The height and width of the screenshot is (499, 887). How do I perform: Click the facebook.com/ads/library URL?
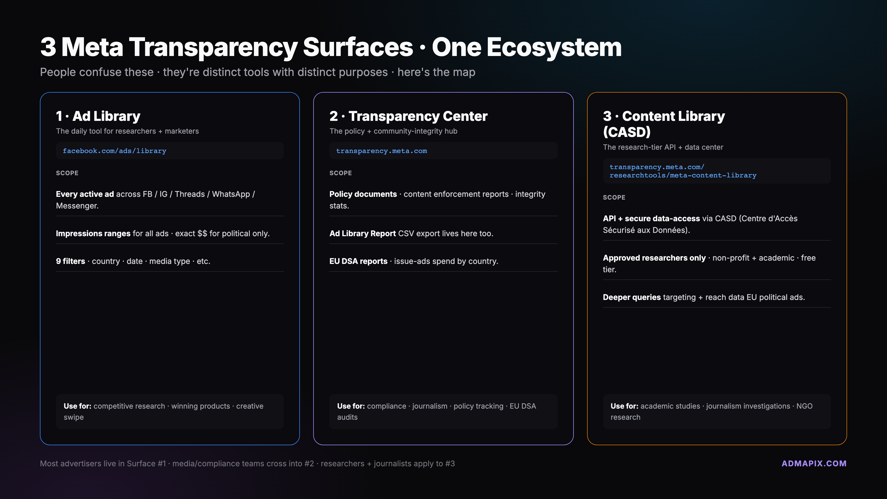pos(114,151)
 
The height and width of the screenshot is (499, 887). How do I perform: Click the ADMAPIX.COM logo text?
pos(814,464)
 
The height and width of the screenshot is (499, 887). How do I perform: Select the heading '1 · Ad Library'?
pos(98,116)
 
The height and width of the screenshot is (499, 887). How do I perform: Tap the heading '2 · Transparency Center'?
pos(408,116)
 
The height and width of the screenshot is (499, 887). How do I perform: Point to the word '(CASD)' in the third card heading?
pos(627,132)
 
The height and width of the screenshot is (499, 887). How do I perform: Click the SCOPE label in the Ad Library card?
pos(67,173)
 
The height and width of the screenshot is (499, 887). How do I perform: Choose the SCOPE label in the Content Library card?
pos(614,197)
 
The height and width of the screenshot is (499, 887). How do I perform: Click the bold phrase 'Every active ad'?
pos(85,194)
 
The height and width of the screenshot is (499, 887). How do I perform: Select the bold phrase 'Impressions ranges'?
pos(93,233)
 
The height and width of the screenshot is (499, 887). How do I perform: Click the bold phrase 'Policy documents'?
pos(363,194)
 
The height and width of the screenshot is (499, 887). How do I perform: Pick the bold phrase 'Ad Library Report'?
pos(362,233)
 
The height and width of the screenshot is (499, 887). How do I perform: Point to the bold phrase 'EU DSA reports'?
pos(358,261)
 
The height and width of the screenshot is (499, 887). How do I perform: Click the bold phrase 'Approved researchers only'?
pos(654,258)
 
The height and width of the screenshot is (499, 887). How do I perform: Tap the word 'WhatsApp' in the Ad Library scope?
pos(231,194)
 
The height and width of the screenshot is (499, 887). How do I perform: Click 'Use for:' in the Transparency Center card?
pos(351,406)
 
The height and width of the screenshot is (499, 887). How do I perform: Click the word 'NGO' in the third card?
pos(804,406)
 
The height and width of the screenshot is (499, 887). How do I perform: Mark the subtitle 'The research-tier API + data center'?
pos(663,147)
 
